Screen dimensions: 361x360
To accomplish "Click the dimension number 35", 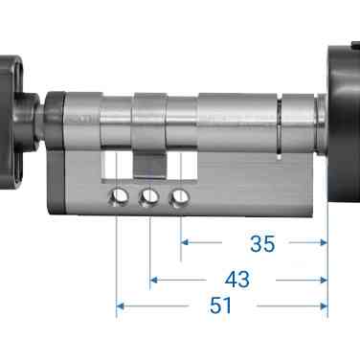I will pyautogui.click(x=260, y=244).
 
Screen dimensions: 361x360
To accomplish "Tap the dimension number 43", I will pyautogui.click(x=236, y=279).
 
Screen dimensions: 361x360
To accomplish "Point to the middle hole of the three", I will pyautogui.click(x=149, y=198).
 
